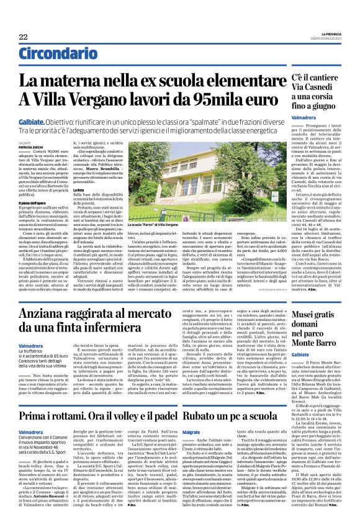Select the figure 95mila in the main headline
[x=214, y=101]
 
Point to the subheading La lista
[x=81, y=207]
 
